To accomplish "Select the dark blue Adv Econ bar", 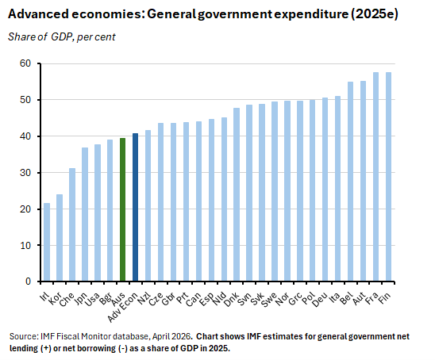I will click(x=135, y=207).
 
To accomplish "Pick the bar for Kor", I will click(x=60, y=237).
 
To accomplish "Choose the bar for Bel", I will click(x=350, y=182).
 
